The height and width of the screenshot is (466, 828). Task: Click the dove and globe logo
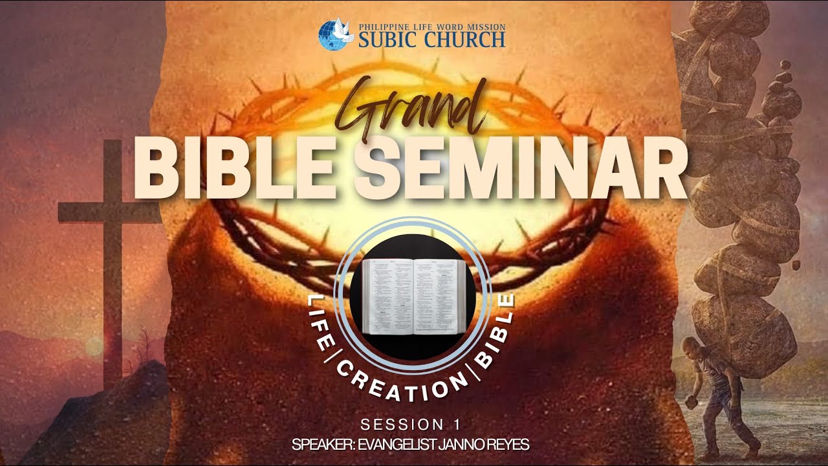(x=336, y=34)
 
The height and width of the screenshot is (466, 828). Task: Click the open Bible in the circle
(x=413, y=296)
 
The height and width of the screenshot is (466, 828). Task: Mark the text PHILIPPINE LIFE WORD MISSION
(x=431, y=27)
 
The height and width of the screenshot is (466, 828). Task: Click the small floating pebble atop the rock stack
(x=785, y=64)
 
